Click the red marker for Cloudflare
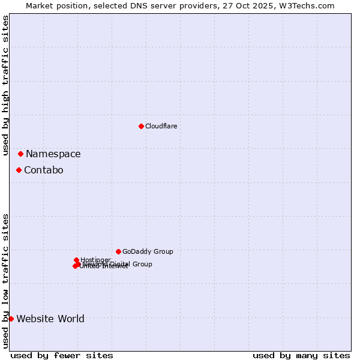[x=141, y=126]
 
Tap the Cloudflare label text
[x=161, y=126]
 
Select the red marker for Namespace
[x=20, y=154]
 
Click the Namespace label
[x=53, y=154]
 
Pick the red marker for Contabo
[x=19, y=170]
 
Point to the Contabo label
[x=43, y=170]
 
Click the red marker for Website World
[x=11, y=319]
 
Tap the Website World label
[x=50, y=319]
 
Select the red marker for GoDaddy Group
[x=118, y=251]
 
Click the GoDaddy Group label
[x=148, y=251]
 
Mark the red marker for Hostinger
[x=76, y=260]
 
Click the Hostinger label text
[x=96, y=260]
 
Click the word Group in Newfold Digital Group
[x=142, y=264]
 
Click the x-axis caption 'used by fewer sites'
[x=61, y=355]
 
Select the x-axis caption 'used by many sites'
[x=301, y=355]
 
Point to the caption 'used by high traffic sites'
[x=5, y=86]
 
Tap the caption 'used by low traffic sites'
[x=5, y=280]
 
